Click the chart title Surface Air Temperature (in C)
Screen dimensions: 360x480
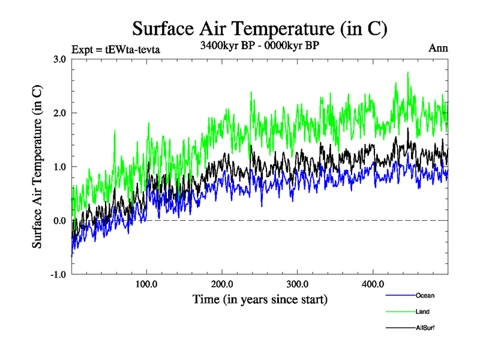click(259, 29)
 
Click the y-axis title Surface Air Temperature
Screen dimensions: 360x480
click(37, 166)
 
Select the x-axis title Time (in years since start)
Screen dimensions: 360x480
click(260, 298)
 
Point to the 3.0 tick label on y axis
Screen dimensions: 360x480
click(59, 59)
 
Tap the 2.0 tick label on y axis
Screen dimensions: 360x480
click(59, 113)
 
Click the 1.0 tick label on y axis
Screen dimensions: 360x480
click(59, 167)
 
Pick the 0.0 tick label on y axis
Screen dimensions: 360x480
click(59, 221)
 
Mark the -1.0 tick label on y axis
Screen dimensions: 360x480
click(58, 275)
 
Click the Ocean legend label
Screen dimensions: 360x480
click(425, 295)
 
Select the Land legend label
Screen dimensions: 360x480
click(422, 311)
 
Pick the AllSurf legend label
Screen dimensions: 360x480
click(425, 328)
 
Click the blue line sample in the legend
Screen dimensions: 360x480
click(399, 295)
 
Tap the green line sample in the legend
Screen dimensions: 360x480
click(399, 311)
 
